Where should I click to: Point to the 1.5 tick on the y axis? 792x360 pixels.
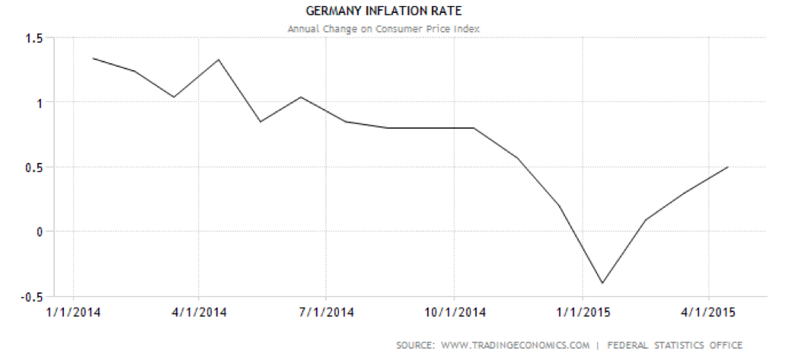click(x=33, y=37)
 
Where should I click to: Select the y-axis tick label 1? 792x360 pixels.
click(x=39, y=102)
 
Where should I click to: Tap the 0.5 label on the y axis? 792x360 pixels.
click(x=33, y=167)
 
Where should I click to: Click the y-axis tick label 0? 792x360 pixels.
click(x=39, y=231)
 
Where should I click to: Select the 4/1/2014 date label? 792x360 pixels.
click(x=199, y=312)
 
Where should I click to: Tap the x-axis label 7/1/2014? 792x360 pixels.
click(x=326, y=312)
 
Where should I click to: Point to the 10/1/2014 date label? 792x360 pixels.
click(x=454, y=312)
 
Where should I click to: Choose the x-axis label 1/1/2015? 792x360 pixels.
click(x=582, y=312)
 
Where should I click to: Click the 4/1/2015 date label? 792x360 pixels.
click(x=709, y=312)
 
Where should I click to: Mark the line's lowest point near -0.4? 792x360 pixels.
click(x=602, y=283)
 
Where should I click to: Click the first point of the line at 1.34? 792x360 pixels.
click(x=93, y=58)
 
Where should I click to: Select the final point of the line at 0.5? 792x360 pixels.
click(x=729, y=167)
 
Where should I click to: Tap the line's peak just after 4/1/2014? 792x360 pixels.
click(x=219, y=59)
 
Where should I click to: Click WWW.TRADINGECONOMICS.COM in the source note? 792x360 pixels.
click(x=515, y=346)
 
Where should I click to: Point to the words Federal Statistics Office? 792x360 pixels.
click(x=674, y=346)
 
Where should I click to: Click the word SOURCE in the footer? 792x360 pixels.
click(x=414, y=346)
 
